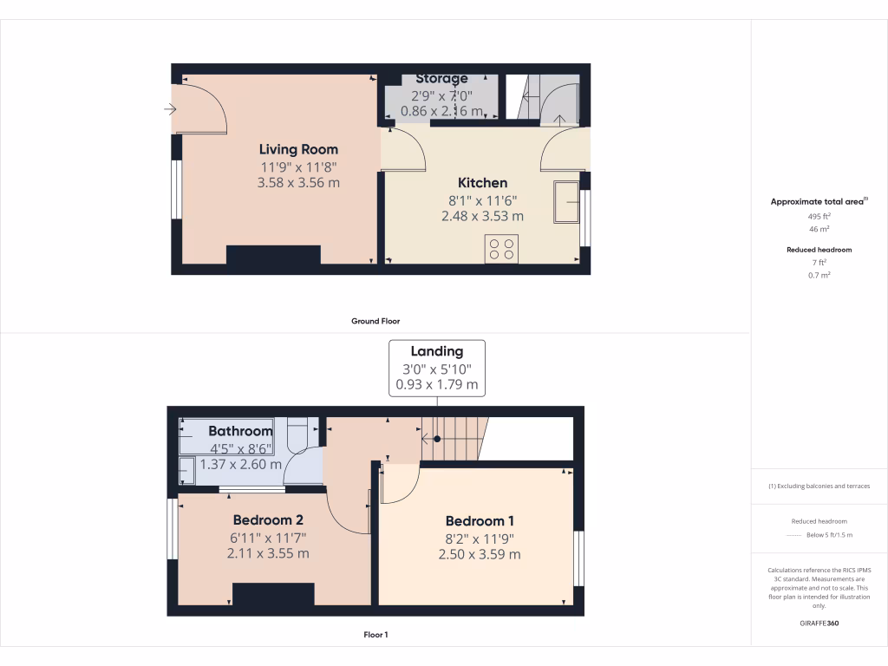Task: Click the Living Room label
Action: click(x=298, y=149)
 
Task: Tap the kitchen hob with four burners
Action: click(x=501, y=249)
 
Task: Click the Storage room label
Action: click(x=441, y=79)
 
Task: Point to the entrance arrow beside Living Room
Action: click(x=170, y=109)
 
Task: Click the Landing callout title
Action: click(x=437, y=351)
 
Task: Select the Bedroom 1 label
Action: click(x=480, y=521)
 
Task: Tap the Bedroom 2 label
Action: click(x=268, y=520)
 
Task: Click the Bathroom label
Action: click(x=240, y=431)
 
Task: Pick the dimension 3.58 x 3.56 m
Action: click(x=298, y=183)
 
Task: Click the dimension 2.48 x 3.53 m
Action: click(x=482, y=216)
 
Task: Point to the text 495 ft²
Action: click(x=819, y=217)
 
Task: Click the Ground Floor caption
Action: click(x=375, y=321)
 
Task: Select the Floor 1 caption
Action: click(x=375, y=636)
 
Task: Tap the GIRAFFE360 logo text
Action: click(x=819, y=624)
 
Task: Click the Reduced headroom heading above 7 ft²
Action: click(x=819, y=250)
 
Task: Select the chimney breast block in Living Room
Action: click(x=273, y=255)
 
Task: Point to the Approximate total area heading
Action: click(x=819, y=201)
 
